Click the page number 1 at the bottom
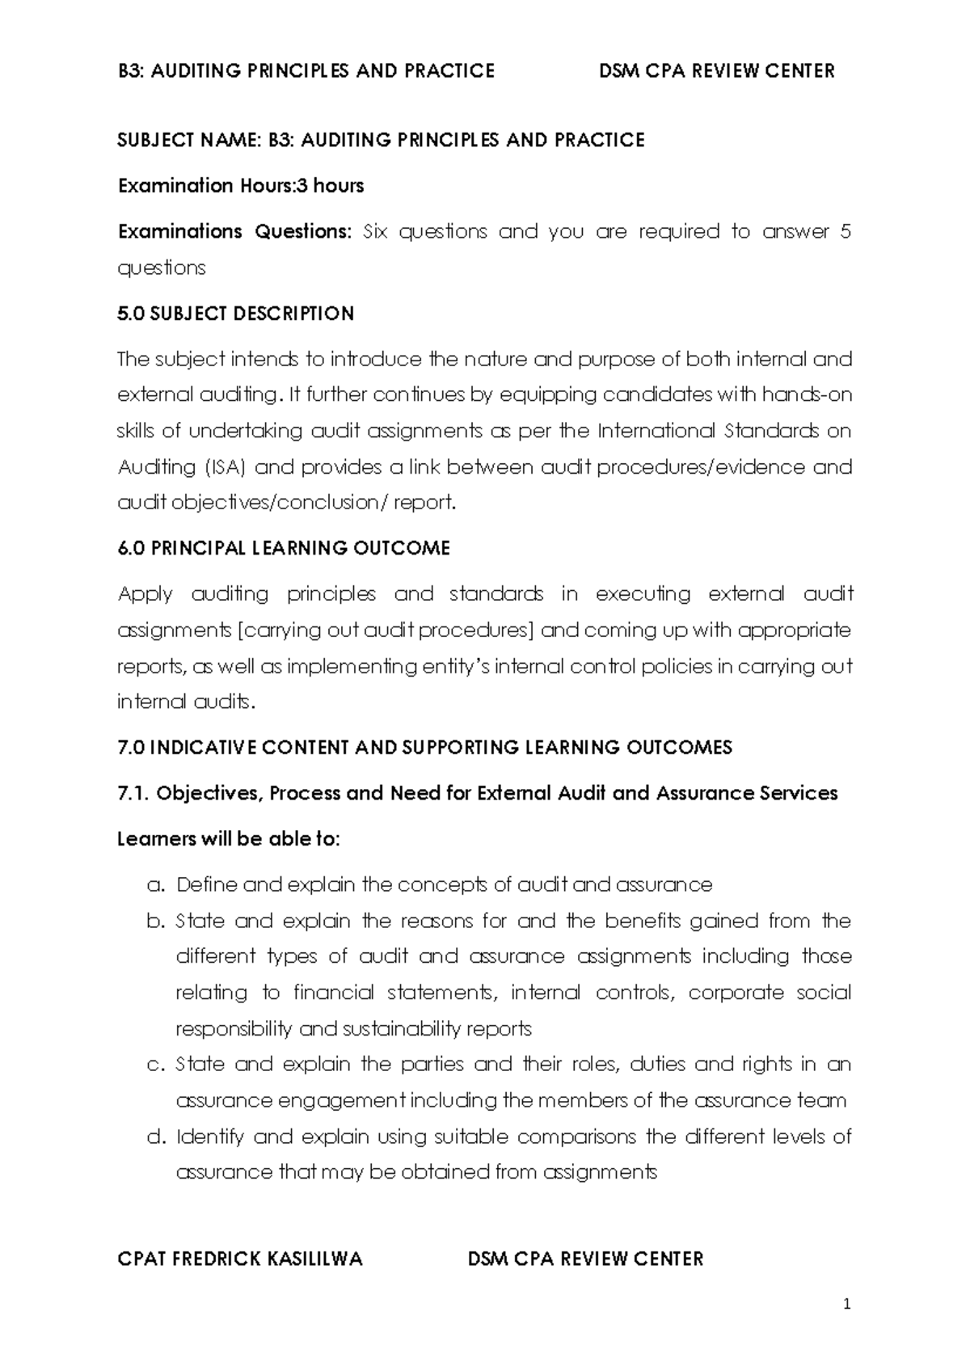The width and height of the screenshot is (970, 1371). (x=847, y=1304)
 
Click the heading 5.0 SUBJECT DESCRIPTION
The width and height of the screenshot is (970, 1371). (x=236, y=314)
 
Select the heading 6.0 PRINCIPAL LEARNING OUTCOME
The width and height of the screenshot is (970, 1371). (x=284, y=548)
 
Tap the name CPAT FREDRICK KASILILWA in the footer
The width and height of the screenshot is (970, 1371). (x=240, y=1259)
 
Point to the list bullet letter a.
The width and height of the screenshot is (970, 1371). (x=156, y=885)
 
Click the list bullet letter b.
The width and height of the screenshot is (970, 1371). (x=156, y=922)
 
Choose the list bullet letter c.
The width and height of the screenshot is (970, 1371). (x=156, y=1065)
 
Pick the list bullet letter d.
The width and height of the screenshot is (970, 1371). (x=156, y=1137)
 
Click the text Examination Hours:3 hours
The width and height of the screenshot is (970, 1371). (x=241, y=186)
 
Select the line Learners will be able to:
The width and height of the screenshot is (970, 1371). (x=229, y=839)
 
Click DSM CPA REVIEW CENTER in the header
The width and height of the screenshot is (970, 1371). (x=716, y=71)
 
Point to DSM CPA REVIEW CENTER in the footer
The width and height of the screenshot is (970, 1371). (x=586, y=1259)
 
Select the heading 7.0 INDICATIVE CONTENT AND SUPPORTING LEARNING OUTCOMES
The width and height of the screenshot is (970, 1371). (x=425, y=747)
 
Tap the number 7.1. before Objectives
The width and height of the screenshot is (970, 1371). (x=133, y=793)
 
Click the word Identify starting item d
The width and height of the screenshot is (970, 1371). (x=209, y=1137)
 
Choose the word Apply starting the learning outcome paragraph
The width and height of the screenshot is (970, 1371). (x=145, y=595)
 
